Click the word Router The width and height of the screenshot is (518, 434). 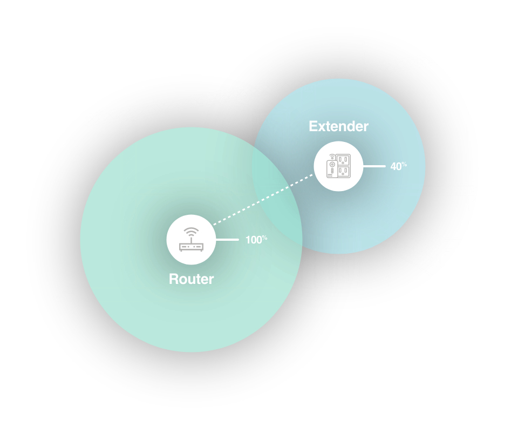tap(191, 279)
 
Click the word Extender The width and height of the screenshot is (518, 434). tap(338, 126)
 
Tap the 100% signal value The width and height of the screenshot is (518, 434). tap(256, 240)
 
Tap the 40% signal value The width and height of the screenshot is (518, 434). tap(398, 166)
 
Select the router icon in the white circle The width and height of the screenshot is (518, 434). tap(191, 240)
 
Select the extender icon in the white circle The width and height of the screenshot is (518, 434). tap(338, 166)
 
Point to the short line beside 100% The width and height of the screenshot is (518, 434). tap(227, 239)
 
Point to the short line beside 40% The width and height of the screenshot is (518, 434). tap(374, 166)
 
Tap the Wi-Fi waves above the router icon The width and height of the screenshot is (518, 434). tap(191, 233)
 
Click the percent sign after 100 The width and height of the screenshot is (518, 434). tap(264, 237)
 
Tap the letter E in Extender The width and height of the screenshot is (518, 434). tap(313, 126)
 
